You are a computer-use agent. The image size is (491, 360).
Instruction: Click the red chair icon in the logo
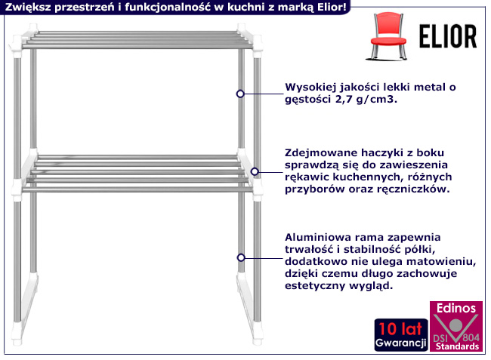(x=388, y=36)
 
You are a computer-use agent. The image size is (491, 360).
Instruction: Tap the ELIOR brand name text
(x=448, y=36)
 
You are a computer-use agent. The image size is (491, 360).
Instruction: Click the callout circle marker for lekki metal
(x=240, y=94)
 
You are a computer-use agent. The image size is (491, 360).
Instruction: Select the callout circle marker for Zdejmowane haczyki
(x=255, y=171)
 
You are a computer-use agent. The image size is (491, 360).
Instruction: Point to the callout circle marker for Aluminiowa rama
(x=241, y=257)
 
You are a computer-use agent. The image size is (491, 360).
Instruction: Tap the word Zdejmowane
(x=320, y=153)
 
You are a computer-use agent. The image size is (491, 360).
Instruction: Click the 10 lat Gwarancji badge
(x=401, y=334)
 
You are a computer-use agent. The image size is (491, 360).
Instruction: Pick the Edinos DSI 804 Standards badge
(x=456, y=326)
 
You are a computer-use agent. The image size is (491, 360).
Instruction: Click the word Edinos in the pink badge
(x=456, y=309)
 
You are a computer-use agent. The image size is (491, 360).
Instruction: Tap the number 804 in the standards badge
(x=471, y=337)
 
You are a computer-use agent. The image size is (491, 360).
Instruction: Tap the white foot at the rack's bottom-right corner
(x=258, y=334)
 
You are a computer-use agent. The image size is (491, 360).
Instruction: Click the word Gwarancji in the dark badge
(x=401, y=343)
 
